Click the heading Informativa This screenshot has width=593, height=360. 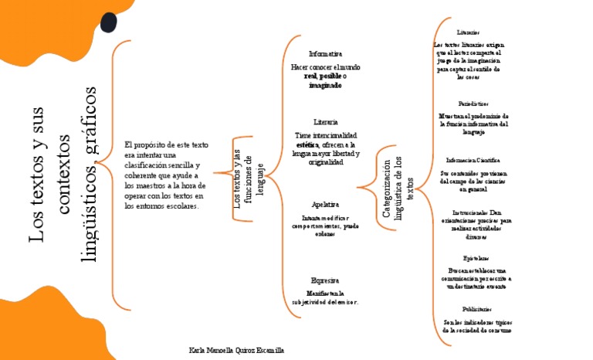(325, 54)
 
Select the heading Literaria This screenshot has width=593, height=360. (325, 122)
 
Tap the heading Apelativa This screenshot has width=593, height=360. (325, 204)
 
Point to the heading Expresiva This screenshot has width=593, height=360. (325, 280)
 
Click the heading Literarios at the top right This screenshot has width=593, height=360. (468, 32)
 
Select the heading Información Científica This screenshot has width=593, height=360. (473, 160)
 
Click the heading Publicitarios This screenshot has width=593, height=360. (476, 308)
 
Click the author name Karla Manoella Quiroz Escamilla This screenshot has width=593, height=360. (236, 350)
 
